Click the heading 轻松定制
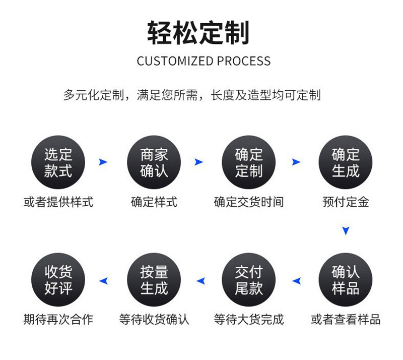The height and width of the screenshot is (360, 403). coord(198,33)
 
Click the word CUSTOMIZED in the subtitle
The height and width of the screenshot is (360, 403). coord(175,61)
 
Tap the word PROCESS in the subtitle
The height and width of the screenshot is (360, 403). coord(244,61)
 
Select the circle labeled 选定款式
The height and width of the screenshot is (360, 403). coord(58,162)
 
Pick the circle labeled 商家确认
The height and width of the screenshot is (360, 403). coord(154,162)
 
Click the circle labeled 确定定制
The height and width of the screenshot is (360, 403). coord(248,162)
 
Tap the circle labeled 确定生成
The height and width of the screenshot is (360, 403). coord(346,162)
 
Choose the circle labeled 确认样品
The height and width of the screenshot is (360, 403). coord(346,280)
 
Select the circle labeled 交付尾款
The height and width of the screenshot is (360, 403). coord(248,280)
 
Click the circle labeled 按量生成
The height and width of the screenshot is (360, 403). coord(154,280)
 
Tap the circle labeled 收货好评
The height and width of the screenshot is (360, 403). coord(58,280)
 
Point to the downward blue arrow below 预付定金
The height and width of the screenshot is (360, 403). coord(346,230)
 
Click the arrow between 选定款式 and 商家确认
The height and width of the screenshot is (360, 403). coord(103,162)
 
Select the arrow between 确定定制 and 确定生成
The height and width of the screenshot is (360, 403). coord(296,162)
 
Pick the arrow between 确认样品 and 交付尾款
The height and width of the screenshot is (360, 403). coord(297,281)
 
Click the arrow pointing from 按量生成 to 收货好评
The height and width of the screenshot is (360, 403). coord(104,281)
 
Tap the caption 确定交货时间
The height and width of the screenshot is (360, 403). coord(249,202)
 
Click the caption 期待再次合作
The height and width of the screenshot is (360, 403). coord(58,319)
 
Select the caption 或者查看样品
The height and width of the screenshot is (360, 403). coord(346,319)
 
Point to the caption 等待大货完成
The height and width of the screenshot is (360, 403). coord(249,319)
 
